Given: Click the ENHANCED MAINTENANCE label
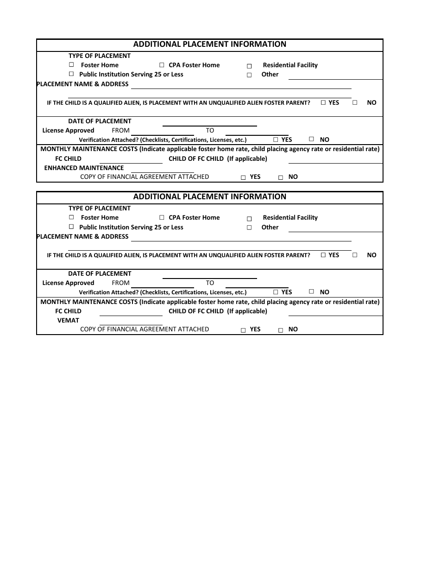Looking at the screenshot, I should point(84,168).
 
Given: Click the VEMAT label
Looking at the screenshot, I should point(68,320).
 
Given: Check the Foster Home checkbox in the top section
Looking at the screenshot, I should point(71,65).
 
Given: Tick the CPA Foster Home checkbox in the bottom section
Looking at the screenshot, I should point(162,217).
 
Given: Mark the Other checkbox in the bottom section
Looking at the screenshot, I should point(249,228).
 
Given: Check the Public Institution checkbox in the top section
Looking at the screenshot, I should point(71,74).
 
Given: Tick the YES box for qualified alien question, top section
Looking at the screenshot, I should point(323,102).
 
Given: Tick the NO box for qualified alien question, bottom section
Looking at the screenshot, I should point(355,255).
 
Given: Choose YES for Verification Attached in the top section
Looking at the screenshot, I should point(276,139).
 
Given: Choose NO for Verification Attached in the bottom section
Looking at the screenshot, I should point(311,291).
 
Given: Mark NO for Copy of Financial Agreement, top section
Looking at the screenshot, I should point(281,177).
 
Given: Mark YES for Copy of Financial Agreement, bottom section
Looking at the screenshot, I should point(243,330).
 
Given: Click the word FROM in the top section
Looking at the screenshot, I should point(120,131).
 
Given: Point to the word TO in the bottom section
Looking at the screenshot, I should point(210,283).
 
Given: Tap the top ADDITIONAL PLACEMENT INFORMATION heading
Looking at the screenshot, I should point(210,44).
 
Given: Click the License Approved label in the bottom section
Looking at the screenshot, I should point(68,283).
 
